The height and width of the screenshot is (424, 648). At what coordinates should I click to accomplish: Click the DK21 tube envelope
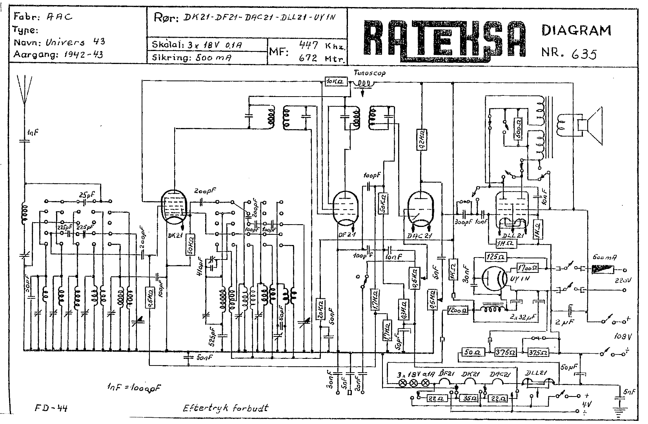coord(173,207)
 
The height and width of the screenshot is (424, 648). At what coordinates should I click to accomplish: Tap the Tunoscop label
coord(369,73)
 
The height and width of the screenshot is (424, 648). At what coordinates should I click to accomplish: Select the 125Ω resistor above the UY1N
coord(496,257)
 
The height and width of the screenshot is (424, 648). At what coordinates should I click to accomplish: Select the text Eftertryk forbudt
coord(226,408)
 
